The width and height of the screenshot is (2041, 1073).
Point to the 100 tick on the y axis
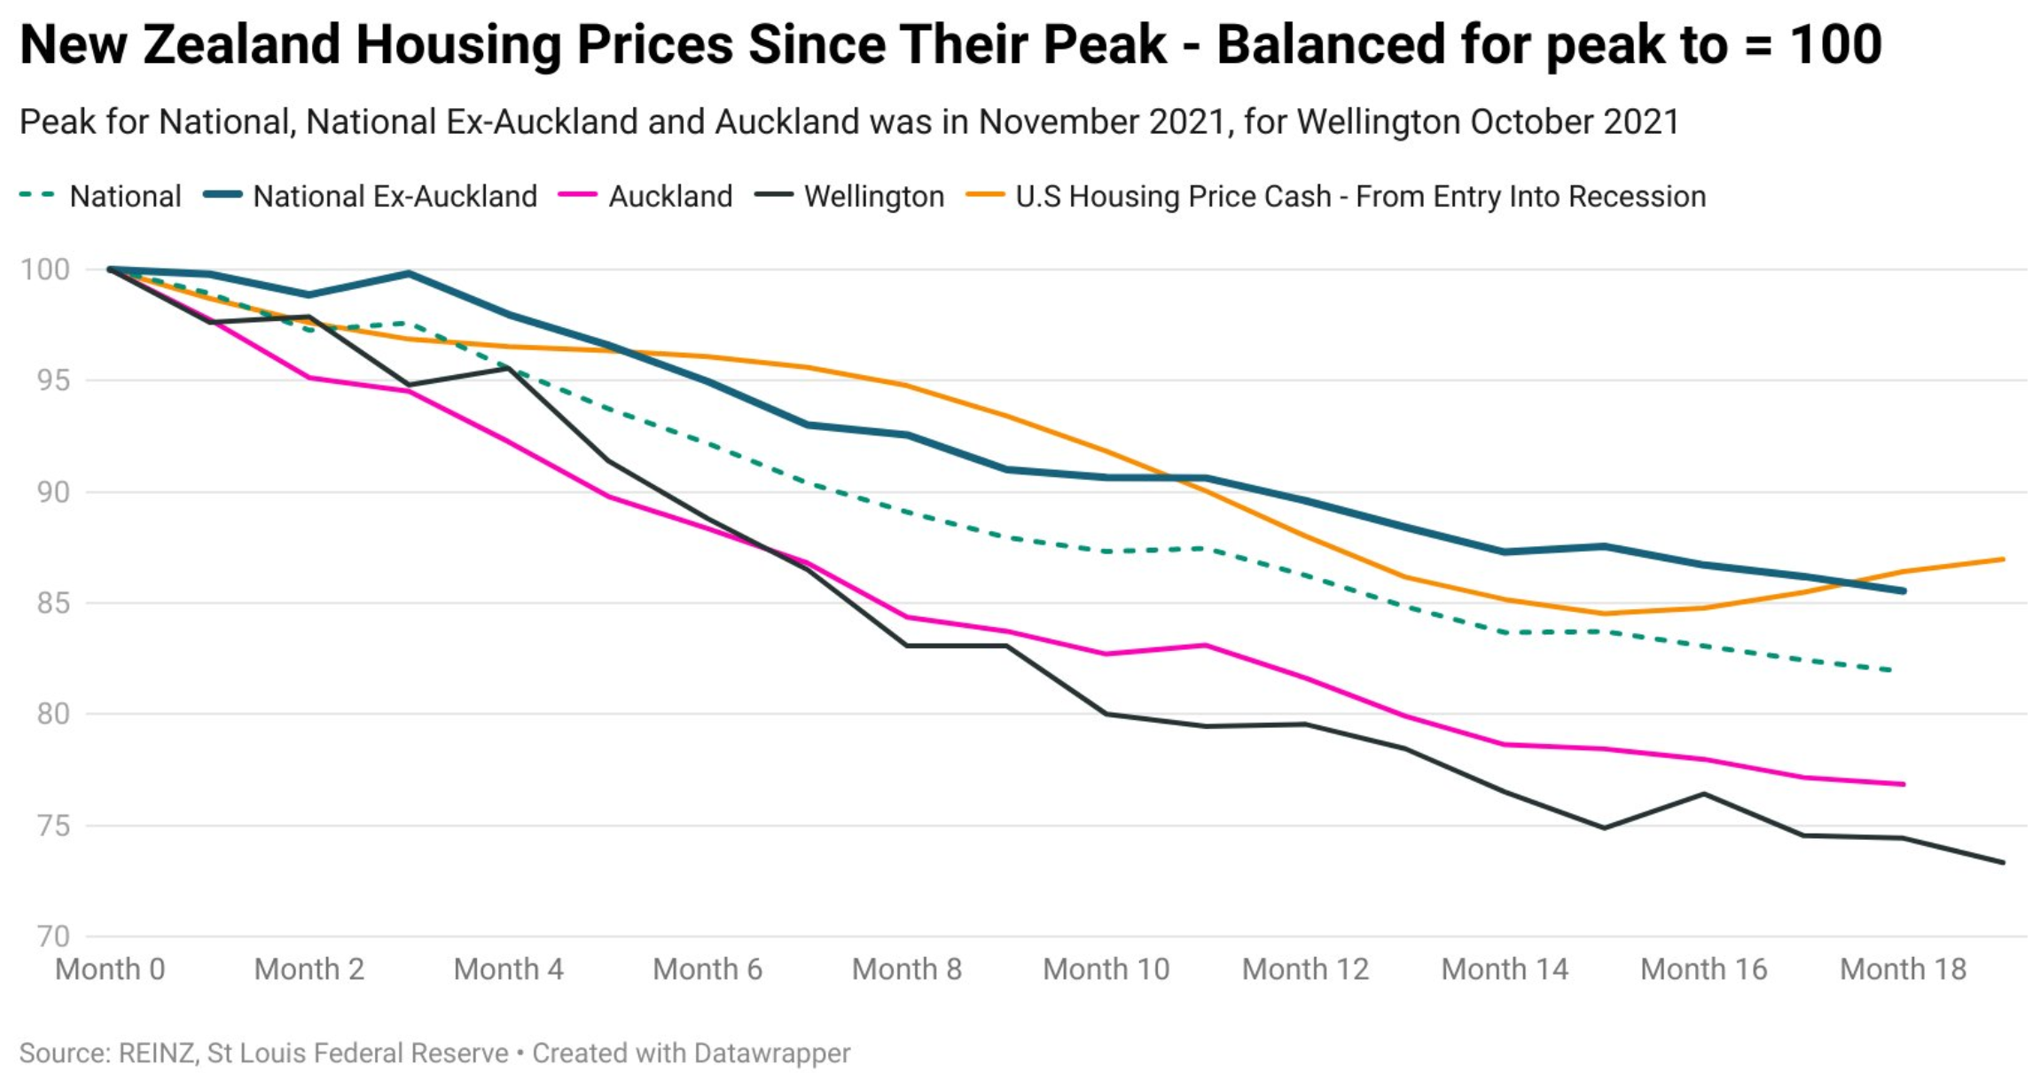(x=45, y=270)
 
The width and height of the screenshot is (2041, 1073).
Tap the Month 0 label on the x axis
(x=110, y=969)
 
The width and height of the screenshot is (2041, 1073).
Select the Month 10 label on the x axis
(x=1106, y=969)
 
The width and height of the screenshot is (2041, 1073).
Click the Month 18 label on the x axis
(x=1903, y=969)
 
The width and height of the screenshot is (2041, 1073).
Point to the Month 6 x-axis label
(x=708, y=969)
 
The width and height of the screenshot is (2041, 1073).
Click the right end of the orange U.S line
(x=2003, y=560)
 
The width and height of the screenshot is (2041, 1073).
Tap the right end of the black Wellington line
(x=2003, y=862)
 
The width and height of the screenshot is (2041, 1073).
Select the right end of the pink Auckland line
(x=1903, y=784)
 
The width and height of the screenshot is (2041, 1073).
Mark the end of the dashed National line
(x=1892, y=670)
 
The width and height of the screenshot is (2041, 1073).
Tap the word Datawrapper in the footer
(x=771, y=1053)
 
